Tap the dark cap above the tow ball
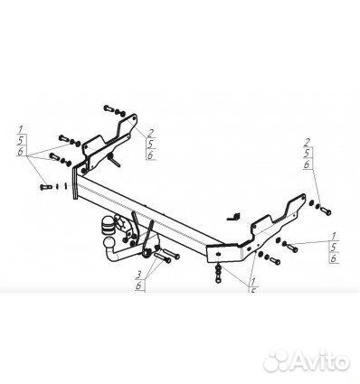pos(111,222)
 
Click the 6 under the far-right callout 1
pos(332,258)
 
